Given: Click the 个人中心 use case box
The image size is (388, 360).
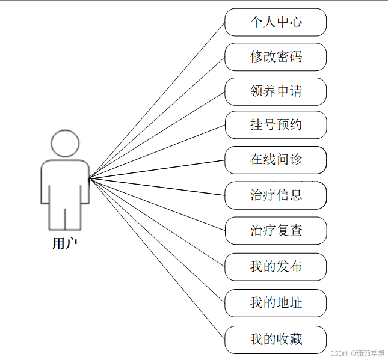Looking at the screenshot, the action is (x=276, y=22).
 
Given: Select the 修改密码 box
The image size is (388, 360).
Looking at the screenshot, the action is (x=276, y=57).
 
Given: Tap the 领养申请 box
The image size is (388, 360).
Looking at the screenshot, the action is (x=276, y=91).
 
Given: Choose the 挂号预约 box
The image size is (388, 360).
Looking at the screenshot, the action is (x=276, y=125).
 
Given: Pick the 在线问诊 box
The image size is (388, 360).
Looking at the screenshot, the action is (x=276, y=160).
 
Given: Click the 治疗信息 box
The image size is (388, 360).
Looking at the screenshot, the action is (x=276, y=195).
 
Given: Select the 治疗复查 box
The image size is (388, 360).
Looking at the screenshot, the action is (x=276, y=230).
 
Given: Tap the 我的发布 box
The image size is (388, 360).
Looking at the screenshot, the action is (x=276, y=266).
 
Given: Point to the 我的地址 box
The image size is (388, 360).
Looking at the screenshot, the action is (x=276, y=302).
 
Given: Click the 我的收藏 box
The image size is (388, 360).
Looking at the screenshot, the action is (x=276, y=340).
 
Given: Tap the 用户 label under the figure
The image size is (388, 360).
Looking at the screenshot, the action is (x=65, y=243).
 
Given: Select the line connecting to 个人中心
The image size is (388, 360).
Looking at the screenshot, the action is (x=158, y=99).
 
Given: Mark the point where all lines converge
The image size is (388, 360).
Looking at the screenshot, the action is (x=90, y=178).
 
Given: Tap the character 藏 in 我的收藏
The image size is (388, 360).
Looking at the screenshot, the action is (x=295, y=340).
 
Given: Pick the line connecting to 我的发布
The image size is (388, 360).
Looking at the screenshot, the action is (x=158, y=222).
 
